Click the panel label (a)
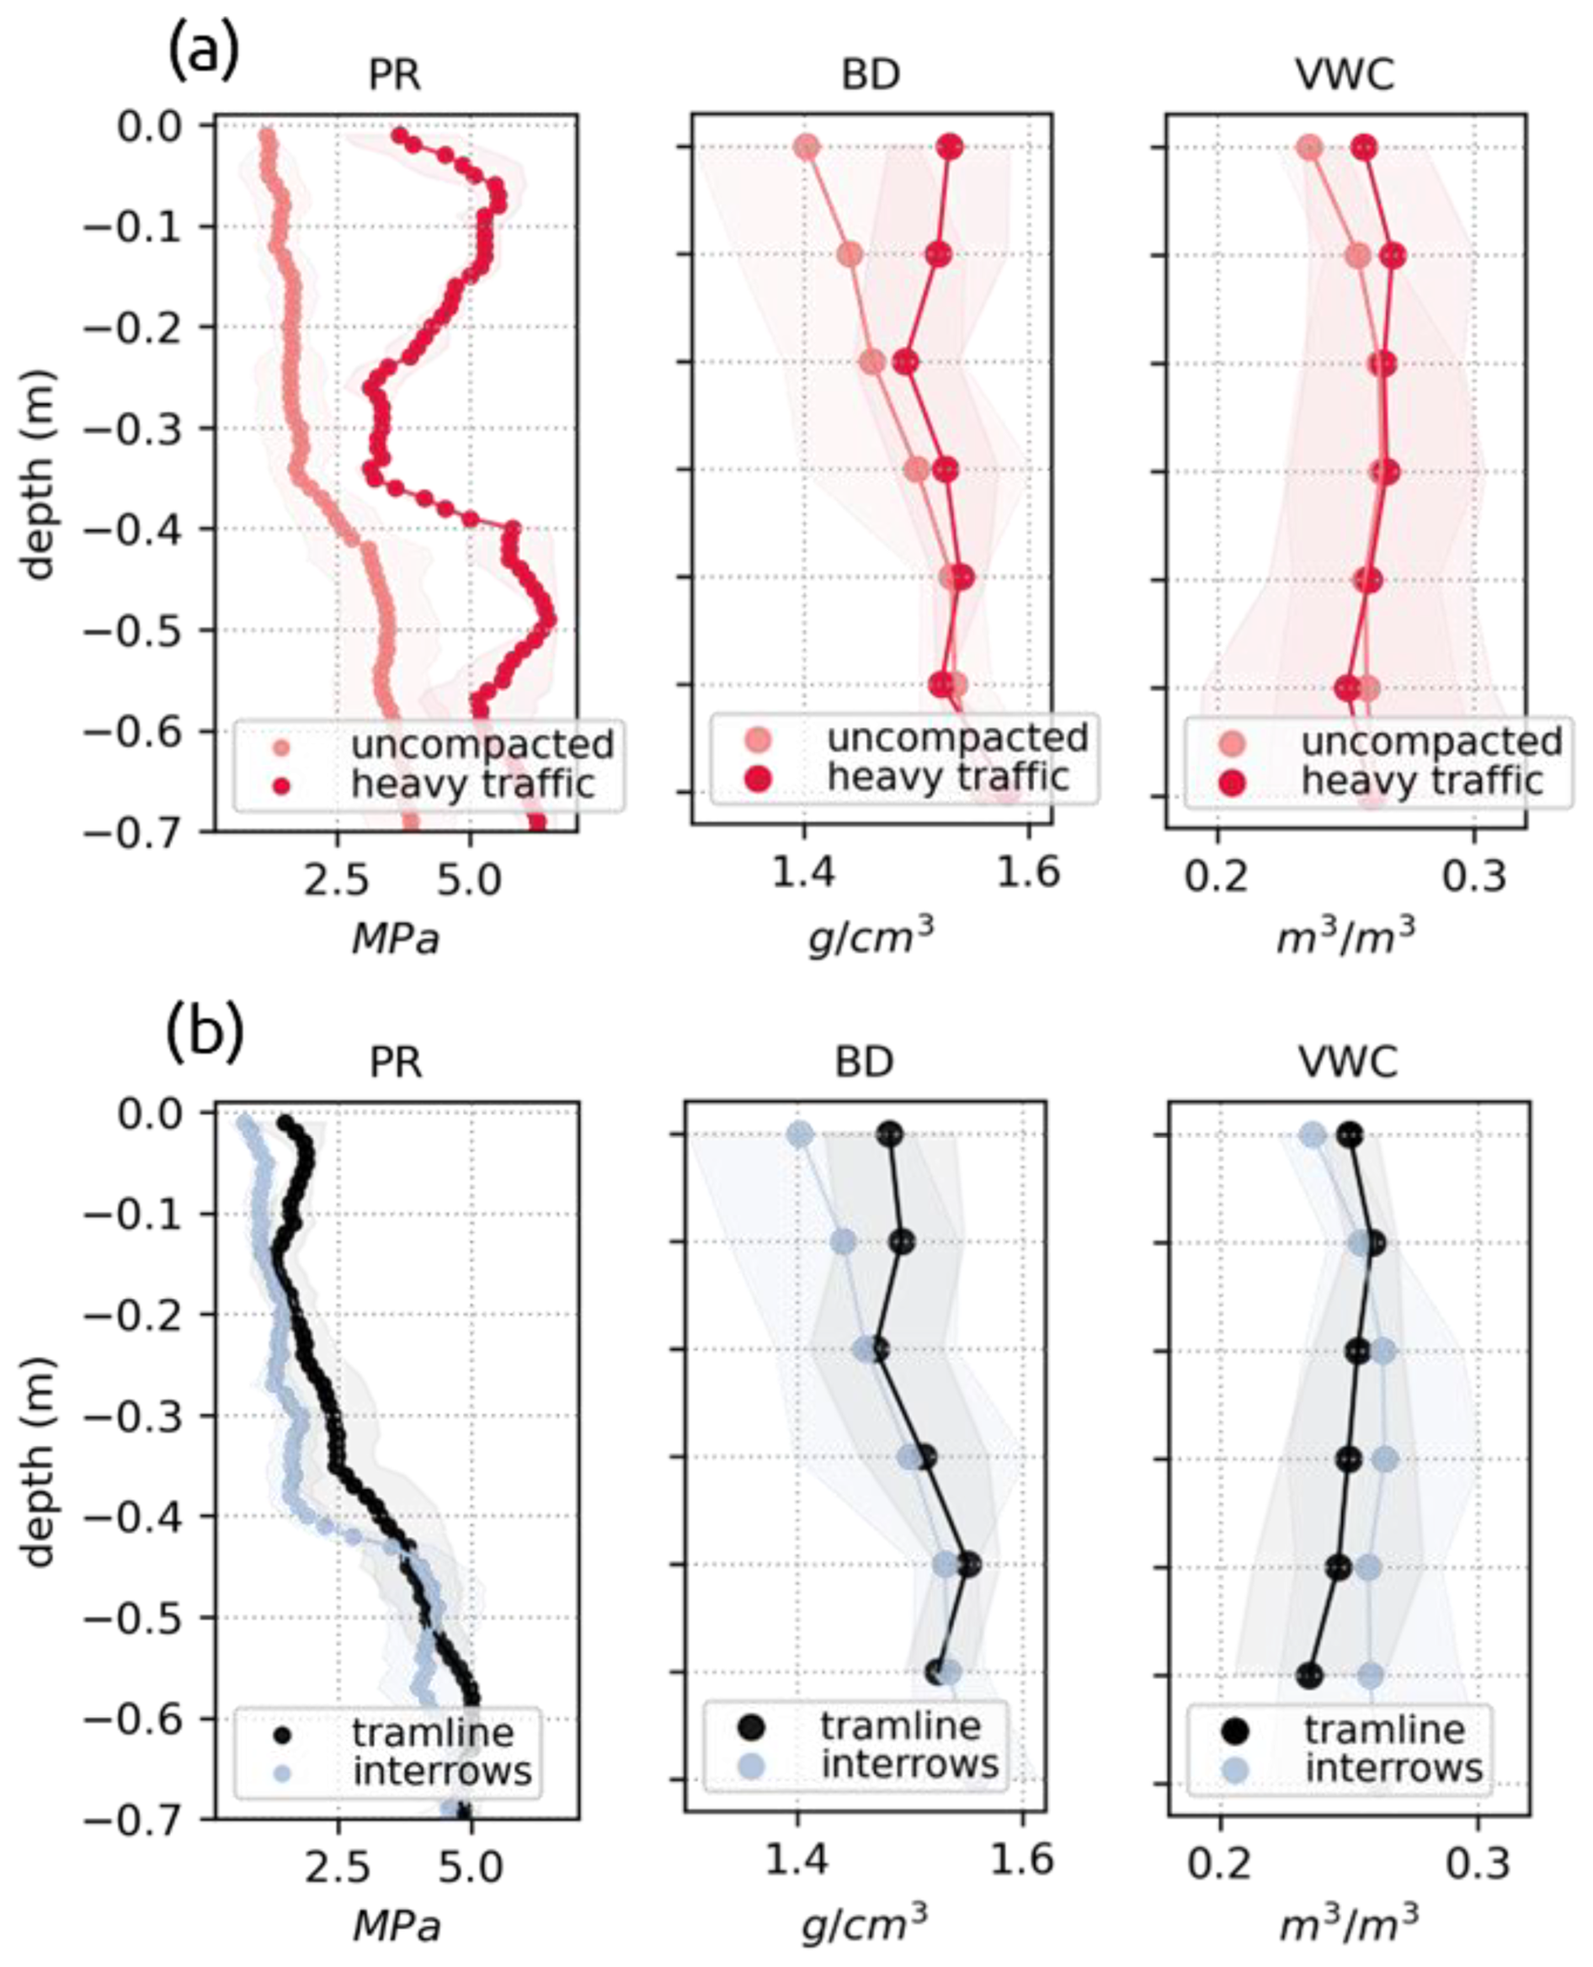point(203,52)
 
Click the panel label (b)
point(205,1033)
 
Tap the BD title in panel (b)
point(865,1061)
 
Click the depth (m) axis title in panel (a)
point(39,475)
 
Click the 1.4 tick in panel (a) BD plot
point(804,873)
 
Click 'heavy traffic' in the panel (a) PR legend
point(472,784)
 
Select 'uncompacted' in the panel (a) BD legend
point(958,737)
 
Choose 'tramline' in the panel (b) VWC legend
point(1385,1730)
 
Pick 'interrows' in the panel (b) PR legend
point(442,1771)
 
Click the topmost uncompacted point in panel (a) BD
point(807,146)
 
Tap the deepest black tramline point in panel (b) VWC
point(1309,1675)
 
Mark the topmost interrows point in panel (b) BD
point(800,1135)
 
